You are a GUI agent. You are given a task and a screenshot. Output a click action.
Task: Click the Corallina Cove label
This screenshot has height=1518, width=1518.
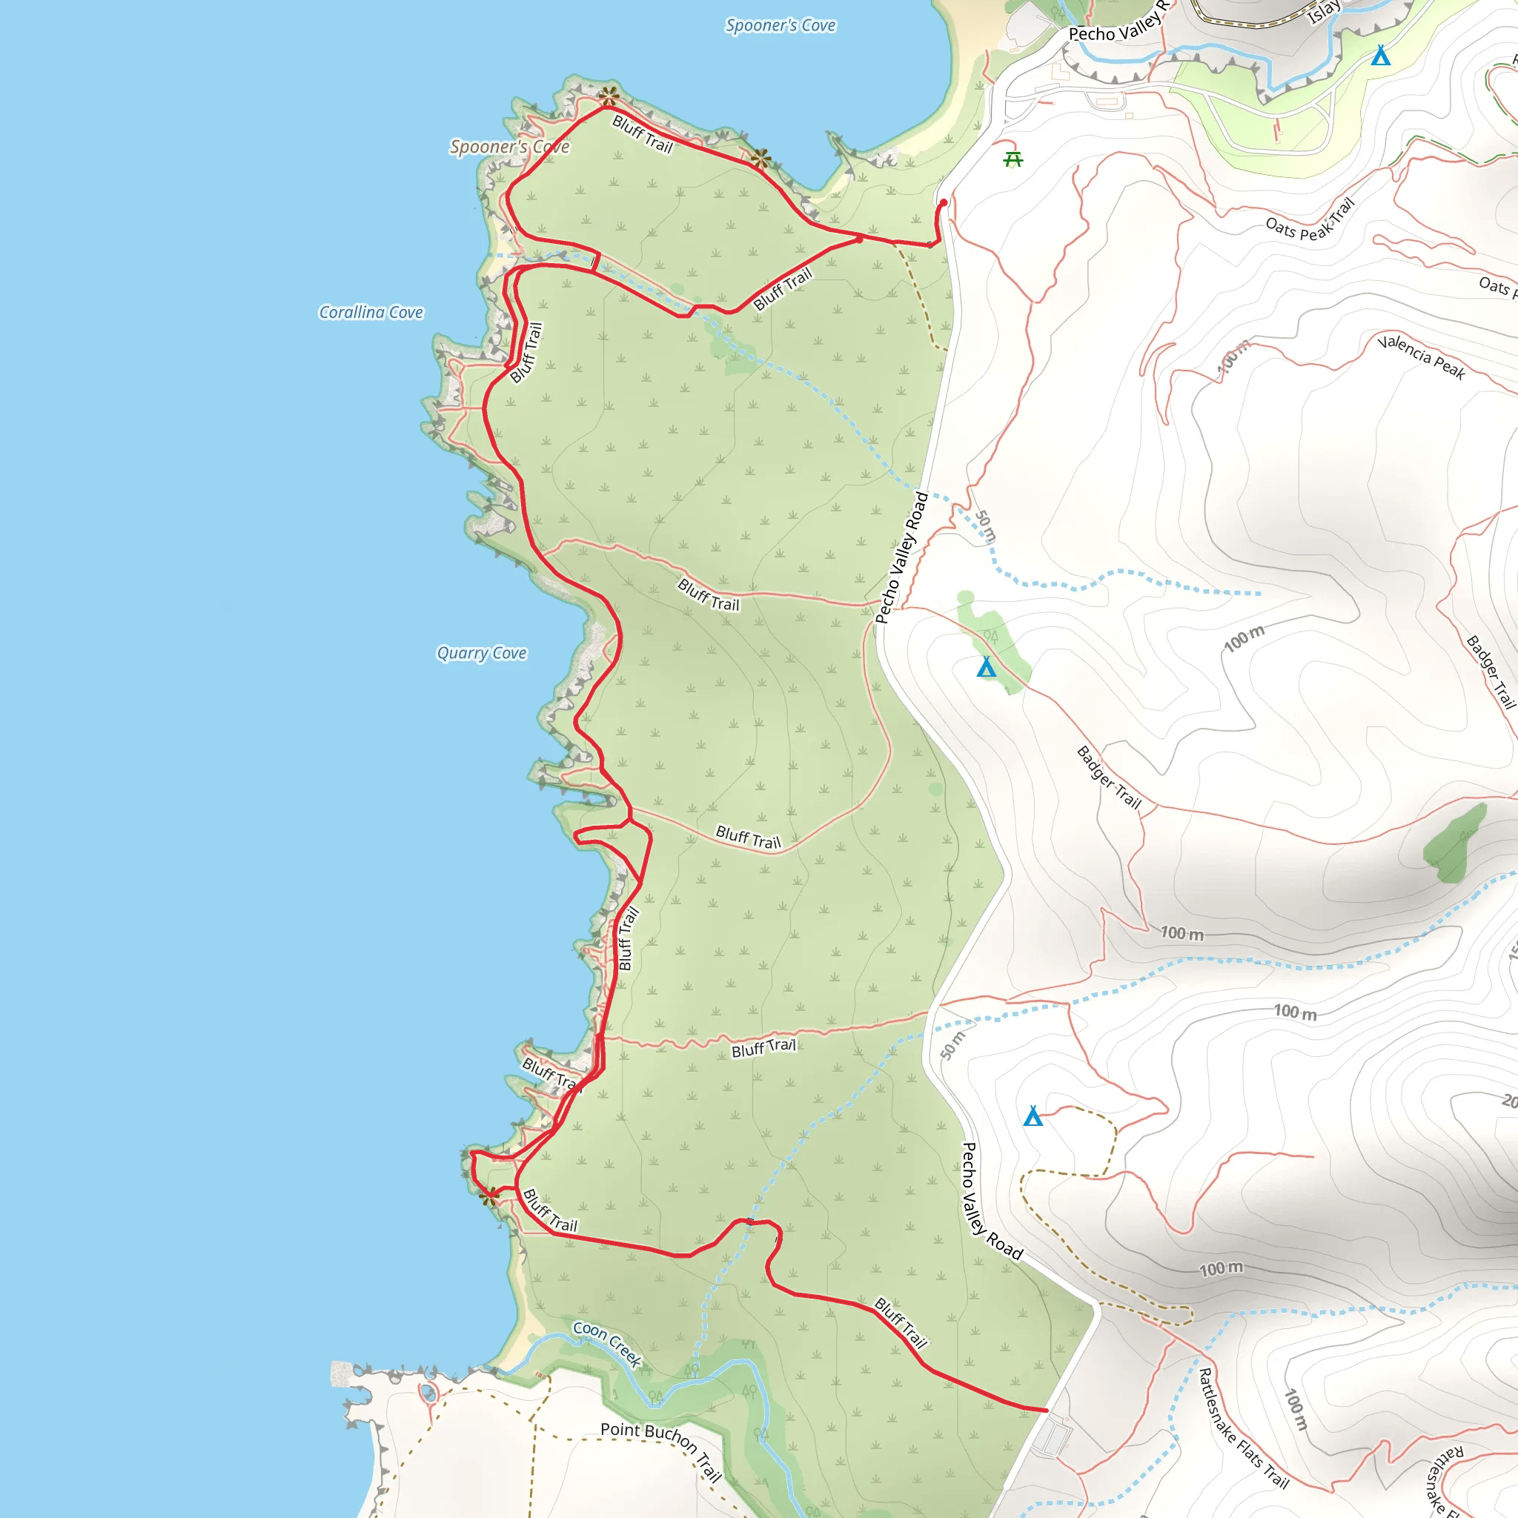371,313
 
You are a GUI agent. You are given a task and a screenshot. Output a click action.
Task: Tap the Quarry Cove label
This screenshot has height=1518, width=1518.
482,653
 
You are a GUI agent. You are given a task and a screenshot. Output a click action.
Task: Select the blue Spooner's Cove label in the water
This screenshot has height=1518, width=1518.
780,26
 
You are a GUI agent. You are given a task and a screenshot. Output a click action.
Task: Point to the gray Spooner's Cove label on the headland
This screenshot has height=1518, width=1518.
509,147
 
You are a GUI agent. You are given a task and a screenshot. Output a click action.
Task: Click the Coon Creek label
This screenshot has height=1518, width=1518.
607,1343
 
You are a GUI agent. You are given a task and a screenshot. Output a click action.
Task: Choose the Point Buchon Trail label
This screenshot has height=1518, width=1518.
662,1451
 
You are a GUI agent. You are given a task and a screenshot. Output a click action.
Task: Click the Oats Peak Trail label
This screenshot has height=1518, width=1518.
1310,221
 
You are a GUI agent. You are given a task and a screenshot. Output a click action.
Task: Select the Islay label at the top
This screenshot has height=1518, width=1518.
1324,12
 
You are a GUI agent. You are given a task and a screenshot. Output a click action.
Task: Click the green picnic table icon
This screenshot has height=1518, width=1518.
1013,159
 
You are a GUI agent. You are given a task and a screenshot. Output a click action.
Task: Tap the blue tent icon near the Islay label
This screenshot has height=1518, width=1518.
1380,56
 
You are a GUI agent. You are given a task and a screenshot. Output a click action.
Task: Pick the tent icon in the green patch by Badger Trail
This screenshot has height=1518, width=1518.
986,667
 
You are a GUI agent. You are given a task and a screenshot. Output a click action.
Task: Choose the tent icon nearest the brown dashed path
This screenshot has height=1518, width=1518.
1033,1116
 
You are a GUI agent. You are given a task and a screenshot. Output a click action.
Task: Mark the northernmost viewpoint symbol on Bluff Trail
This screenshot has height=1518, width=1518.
609,96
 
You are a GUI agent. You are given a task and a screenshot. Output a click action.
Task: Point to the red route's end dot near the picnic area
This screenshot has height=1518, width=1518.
943,202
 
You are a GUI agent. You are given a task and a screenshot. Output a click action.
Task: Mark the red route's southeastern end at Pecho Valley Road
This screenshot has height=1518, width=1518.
1046,1411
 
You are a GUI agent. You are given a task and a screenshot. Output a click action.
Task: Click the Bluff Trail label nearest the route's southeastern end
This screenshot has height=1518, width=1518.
901,1322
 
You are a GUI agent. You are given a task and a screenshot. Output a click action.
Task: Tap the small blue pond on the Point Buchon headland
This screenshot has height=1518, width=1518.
428,1393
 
